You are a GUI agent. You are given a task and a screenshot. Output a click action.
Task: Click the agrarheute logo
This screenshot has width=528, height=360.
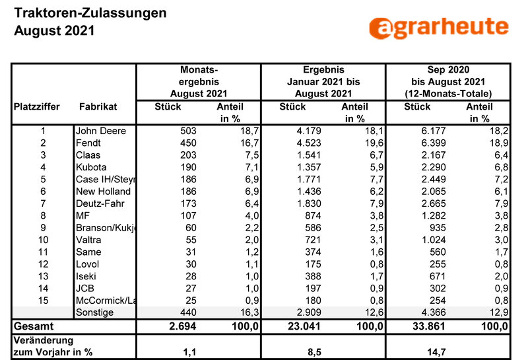tap(439, 27)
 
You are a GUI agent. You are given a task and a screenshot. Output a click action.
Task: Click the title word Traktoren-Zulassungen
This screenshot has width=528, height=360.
tap(90, 13)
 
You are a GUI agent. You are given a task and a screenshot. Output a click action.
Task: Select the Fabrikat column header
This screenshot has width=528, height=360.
tap(98, 107)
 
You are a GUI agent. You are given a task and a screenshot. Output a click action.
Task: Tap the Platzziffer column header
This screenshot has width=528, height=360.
tap(37, 107)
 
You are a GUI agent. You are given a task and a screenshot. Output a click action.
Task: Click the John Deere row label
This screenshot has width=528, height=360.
tap(101, 131)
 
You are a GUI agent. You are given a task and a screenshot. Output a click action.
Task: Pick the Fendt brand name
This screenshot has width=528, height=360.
tap(88, 143)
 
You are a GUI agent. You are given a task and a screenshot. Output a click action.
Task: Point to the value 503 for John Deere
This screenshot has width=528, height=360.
tap(188, 131)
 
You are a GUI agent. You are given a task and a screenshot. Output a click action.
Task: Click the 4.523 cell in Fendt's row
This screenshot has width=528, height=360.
tap(309, 143)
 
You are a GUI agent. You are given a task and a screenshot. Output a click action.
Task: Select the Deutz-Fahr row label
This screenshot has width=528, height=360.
tap(100, 203)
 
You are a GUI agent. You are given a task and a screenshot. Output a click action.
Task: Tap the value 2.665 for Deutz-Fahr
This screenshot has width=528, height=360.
tap(434, 203)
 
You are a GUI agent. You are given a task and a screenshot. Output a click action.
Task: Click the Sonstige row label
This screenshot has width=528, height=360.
tap(94, 312)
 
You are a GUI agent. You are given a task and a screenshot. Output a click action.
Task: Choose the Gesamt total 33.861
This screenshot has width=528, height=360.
tap(428, 326)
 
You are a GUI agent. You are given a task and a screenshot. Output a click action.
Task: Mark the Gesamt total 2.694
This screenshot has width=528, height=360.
tap(183, 326)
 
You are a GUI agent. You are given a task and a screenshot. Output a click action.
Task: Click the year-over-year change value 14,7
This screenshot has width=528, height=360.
tap(436, 352)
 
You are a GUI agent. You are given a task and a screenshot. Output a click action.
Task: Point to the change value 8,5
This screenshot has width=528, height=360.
tap(314, 352)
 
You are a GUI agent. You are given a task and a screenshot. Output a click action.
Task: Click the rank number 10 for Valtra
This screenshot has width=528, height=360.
tap(43, 240)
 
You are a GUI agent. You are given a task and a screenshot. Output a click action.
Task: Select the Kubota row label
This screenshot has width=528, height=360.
tap(91, 167)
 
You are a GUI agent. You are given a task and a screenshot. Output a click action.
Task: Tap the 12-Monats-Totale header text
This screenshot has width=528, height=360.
tap(448, 94)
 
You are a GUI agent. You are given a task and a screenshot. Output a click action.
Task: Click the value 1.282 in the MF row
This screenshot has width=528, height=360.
tap(434, 216)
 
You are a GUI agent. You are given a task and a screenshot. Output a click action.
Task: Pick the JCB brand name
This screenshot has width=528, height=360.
tap(85, 289)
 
